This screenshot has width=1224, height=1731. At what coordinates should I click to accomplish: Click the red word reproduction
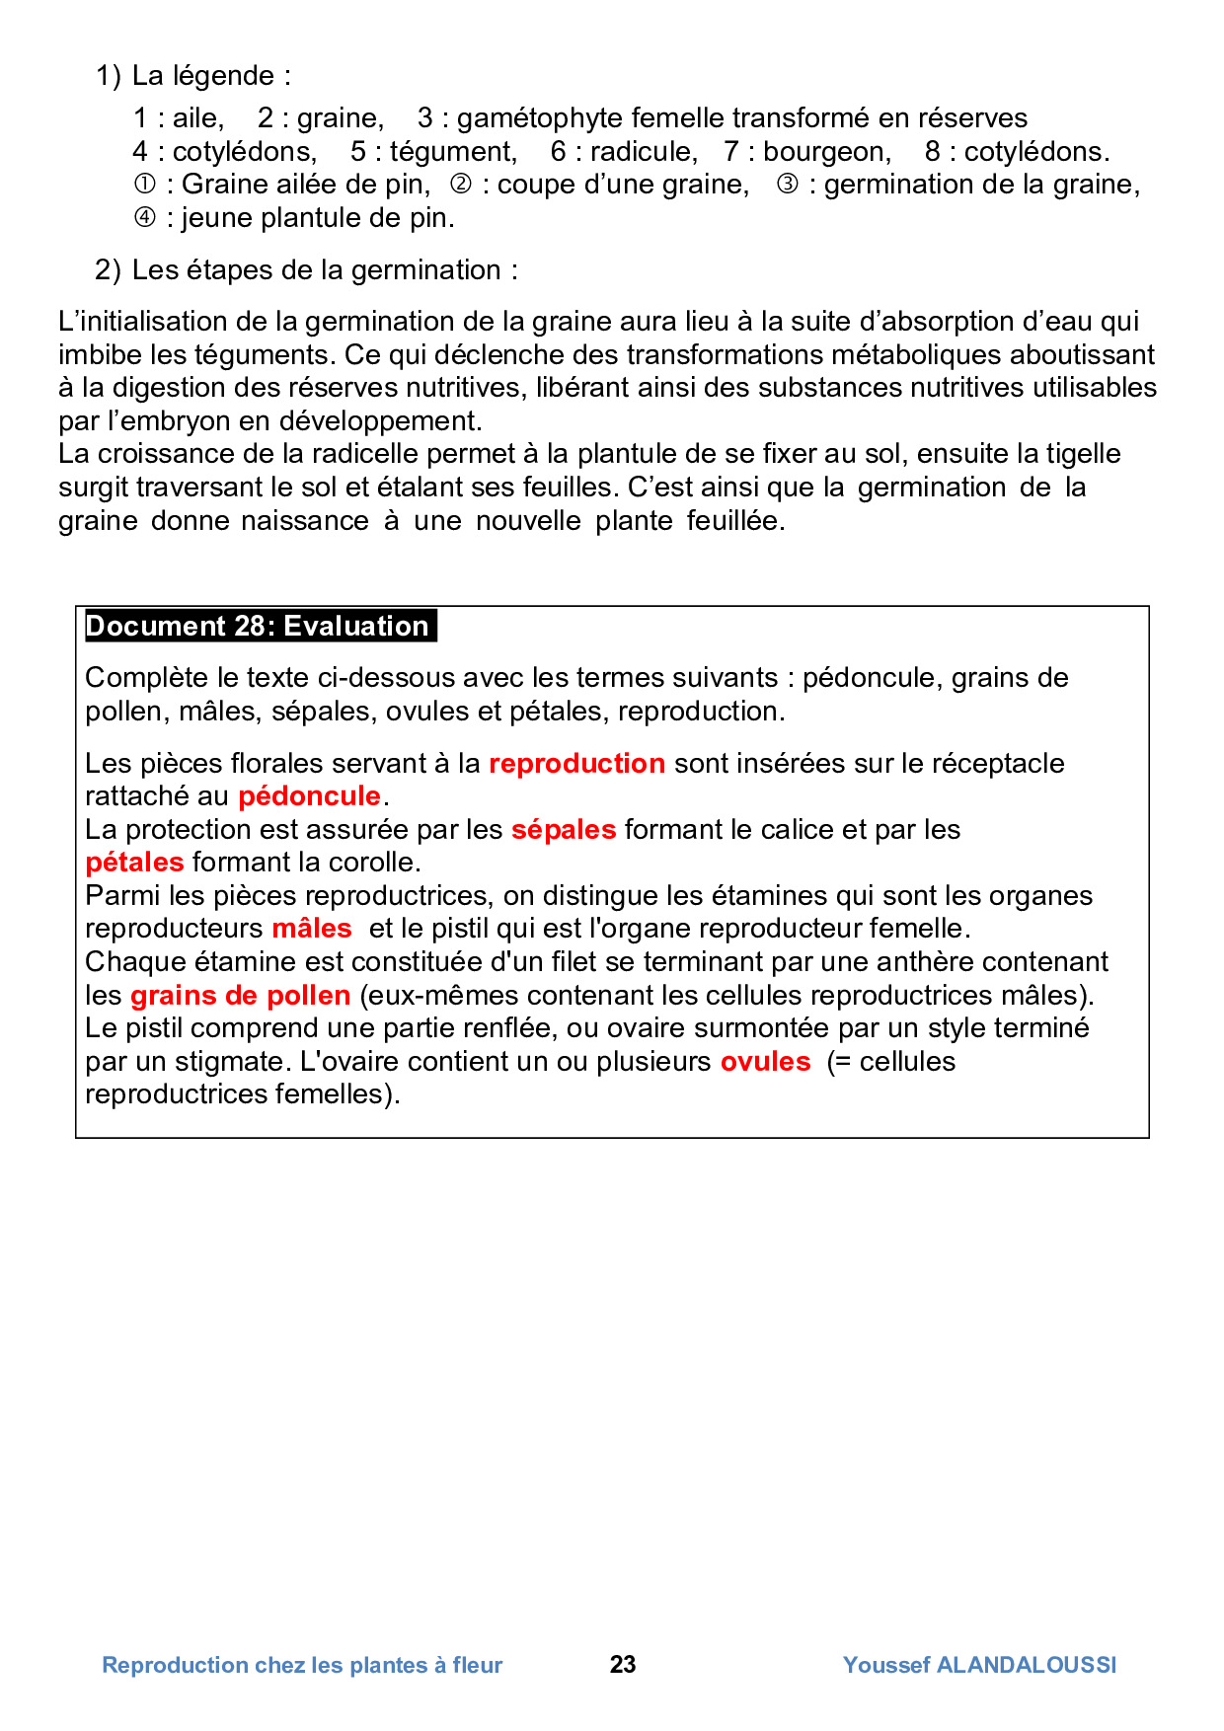click(576, 764)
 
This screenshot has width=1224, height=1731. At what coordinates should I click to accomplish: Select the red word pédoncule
click(309, 796)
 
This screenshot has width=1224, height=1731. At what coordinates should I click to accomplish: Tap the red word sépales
click(563, 830)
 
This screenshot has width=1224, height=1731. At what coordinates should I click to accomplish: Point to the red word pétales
click(134, 863)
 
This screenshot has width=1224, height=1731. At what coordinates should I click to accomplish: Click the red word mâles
click(312, 929)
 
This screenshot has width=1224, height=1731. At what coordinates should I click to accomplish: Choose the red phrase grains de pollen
click(240, 996)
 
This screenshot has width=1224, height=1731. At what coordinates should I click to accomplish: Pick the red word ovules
click(765, 1062)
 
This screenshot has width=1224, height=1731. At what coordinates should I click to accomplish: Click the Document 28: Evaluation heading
click(258, 627)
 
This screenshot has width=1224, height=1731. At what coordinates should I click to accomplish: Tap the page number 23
click(623, 1665)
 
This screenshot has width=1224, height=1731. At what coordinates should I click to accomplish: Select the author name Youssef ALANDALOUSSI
click(979, 1666)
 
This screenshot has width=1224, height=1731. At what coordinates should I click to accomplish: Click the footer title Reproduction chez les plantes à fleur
click(302, 1666)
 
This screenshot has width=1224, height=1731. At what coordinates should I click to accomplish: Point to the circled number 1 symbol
click(144, 185)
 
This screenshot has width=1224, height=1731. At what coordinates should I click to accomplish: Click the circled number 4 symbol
click(144, 218)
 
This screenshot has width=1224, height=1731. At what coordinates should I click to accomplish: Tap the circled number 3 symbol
click(787, 185)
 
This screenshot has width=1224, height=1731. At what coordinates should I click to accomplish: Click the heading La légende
click(210, 76)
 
